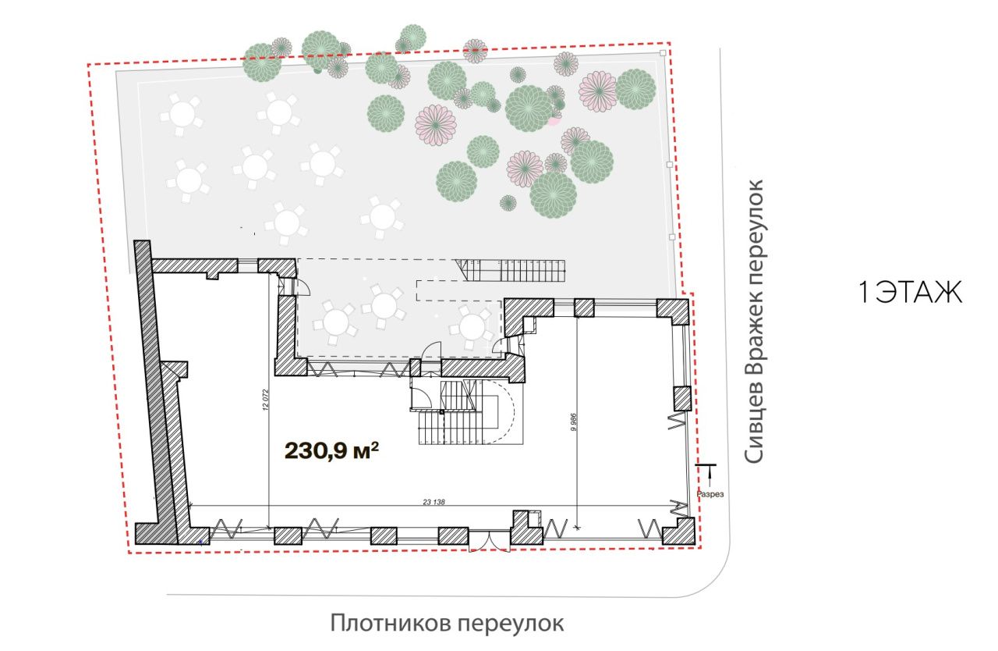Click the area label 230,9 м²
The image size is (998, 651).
(x=332, y=451)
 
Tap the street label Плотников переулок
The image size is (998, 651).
(x=447, y=624)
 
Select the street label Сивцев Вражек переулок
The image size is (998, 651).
(x=754, y=322)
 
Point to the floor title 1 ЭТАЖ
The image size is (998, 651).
(x=910, y=293)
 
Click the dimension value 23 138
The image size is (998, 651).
(x=434, y=502)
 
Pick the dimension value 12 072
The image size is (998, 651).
(x=266, y=400)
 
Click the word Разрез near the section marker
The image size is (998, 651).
(x=710, y=494)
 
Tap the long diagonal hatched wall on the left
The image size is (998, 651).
(x=154, y=393)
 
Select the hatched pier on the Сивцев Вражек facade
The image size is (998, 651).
(x=681, y=399)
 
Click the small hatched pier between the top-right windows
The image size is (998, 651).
(x=584, y=308)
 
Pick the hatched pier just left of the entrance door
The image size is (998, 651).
(x=453, y=536)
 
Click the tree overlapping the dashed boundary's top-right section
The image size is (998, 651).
(x=475, y=51)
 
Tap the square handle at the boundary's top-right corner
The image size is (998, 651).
(x=663, y=53)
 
